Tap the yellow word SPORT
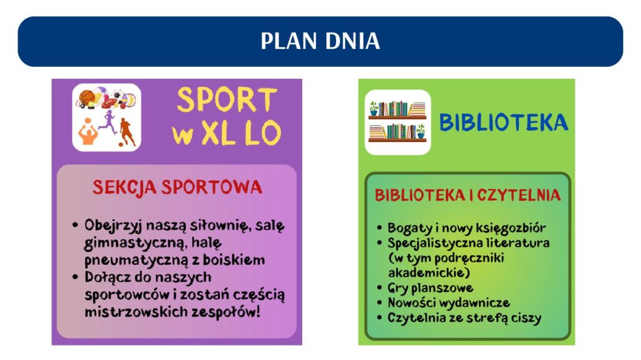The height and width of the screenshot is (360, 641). click(227, 100)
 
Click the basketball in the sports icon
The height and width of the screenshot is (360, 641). click(86, 98)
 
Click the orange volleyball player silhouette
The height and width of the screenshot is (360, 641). click(88, 131)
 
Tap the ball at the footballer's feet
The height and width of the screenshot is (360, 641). click(121, 144)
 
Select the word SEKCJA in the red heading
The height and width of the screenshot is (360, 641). click(125, 188)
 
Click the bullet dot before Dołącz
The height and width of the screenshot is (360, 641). click(75, 277)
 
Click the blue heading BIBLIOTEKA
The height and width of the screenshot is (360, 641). click(503, 122)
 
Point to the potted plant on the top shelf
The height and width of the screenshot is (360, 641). click(374, 109)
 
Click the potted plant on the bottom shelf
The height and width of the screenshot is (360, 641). click(421, 131)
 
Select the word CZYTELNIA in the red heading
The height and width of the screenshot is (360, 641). click(518, 195)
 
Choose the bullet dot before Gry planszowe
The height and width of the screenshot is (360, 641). click(380, 287)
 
